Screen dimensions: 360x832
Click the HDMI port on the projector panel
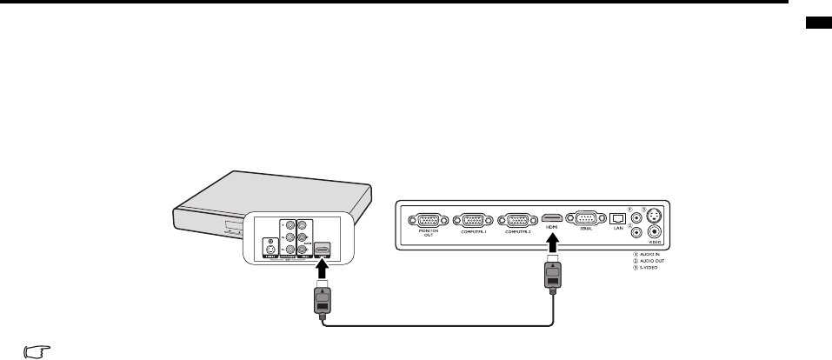pos(551,218)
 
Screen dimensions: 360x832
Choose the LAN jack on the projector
pos(617,218)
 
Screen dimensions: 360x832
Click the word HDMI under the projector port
pos(551,230)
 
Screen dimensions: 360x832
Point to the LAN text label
pos(617,229)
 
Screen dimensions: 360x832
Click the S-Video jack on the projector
pos(654,215)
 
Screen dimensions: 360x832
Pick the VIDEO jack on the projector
pos(654,232)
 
